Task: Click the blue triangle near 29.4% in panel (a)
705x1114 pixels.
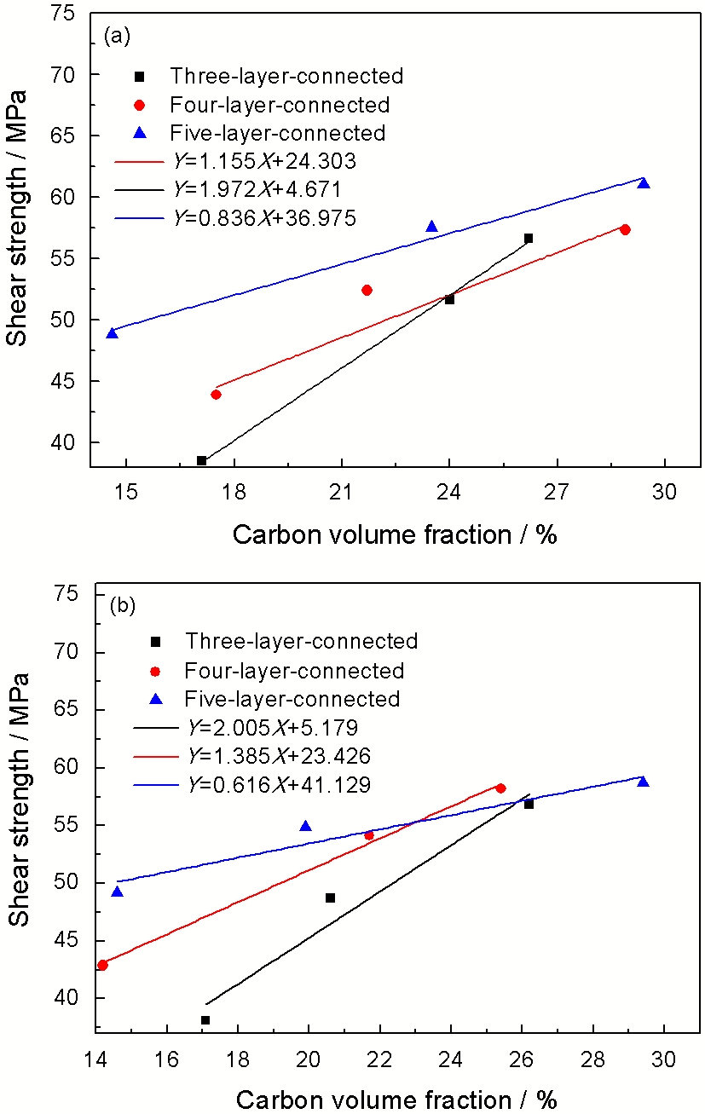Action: point(644,183)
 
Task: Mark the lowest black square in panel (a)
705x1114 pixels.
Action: point(202,460)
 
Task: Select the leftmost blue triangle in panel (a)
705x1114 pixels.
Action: point(113,333)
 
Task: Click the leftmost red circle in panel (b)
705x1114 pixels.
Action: point(103,965)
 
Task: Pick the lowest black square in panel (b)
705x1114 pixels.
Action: point(205,1020)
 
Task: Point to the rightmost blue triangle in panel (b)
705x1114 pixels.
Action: point(643,782)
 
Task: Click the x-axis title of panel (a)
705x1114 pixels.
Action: point(395,534)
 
